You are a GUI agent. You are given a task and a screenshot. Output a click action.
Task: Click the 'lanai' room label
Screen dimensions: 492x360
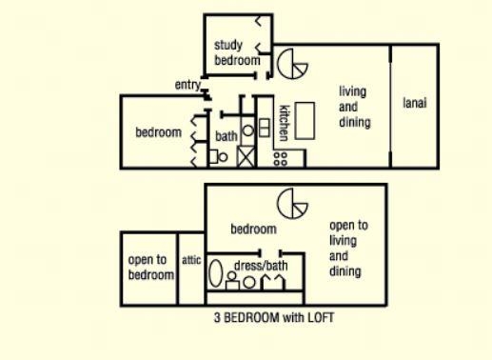coord(415,103)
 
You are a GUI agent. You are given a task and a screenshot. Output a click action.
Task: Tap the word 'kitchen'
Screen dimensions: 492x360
coord(284,123)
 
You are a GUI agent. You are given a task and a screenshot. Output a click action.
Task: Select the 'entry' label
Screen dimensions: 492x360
coord(187,85)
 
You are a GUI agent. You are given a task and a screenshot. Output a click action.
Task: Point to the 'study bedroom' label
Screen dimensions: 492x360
coord(237,52)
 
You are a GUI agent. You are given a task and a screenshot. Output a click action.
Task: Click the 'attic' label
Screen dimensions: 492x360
coord(191,260)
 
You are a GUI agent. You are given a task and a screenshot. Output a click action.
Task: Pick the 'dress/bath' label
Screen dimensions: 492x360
coord(261,265)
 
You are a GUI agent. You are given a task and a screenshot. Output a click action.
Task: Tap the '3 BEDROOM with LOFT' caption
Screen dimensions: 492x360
coord(274,317)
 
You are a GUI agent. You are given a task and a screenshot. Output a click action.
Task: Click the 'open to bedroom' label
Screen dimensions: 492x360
coord(151,267)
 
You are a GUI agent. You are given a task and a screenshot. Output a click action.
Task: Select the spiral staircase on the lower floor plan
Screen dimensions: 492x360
coord(292,64)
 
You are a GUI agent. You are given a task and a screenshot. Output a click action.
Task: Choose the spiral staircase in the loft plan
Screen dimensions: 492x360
coord(292,203)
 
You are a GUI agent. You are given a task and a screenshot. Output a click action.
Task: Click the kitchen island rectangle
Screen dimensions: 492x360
coord(305,121)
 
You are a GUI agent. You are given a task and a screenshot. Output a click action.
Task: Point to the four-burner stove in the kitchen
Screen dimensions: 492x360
coord(281,159)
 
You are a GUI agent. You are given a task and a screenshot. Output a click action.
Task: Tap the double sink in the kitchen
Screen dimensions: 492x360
coord(265,128)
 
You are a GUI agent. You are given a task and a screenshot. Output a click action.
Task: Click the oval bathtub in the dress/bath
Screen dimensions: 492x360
coord(216,273)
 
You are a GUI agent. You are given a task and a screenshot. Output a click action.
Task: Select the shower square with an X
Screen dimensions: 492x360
coord(246,156)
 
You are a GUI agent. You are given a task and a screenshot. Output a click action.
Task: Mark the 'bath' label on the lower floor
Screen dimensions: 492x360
coord(226,136)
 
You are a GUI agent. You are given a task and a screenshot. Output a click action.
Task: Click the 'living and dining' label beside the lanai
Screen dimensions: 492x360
coord(355,107)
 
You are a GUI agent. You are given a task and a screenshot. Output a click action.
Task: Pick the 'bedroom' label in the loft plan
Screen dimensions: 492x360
coord(253,229)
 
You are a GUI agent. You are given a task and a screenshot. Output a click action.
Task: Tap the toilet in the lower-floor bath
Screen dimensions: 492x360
coord(219,157)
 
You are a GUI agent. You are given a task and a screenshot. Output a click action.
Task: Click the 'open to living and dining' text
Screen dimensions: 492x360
coord(348,249)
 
